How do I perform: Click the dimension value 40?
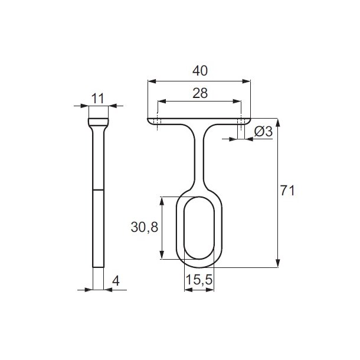(199, 70)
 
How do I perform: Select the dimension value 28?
(199, 93)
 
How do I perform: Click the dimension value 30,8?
(144, 227)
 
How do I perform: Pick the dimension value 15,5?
(199, 281)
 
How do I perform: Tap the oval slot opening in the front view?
(199, 228)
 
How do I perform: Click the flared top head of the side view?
(99, 123)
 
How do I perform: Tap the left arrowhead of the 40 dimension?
(150, 80)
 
